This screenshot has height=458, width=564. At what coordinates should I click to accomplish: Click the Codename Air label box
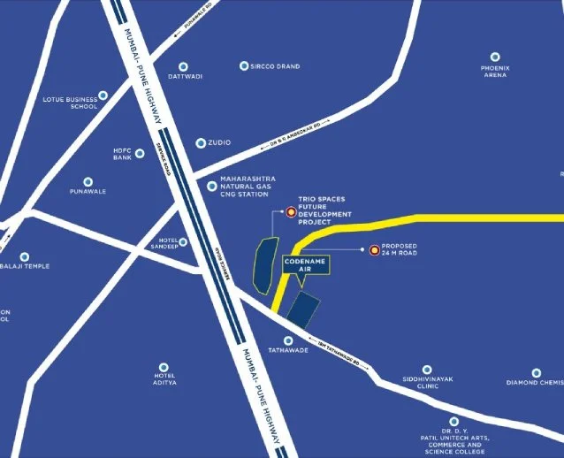(305, 266)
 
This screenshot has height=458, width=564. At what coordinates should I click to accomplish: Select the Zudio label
(218, 142)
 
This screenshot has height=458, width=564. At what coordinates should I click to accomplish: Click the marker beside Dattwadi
(185, 65)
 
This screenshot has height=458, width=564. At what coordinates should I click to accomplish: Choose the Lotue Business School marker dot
(103, 95)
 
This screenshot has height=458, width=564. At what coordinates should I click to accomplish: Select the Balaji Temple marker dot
(25, 256)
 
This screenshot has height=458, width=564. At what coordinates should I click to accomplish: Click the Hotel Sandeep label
(164, 243)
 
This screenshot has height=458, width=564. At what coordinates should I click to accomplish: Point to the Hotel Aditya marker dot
(162, 366)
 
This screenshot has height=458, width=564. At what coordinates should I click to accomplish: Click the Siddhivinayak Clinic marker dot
(427, 370)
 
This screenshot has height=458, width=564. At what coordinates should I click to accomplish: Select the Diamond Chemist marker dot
(537, 373)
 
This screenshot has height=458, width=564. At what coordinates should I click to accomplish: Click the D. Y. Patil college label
(453, 439)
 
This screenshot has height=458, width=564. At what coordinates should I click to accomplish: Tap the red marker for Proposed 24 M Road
(374, 250)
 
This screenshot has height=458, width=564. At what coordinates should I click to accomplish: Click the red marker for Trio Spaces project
(291, 211)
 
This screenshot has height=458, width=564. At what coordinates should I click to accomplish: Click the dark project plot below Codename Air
(304, 309)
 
